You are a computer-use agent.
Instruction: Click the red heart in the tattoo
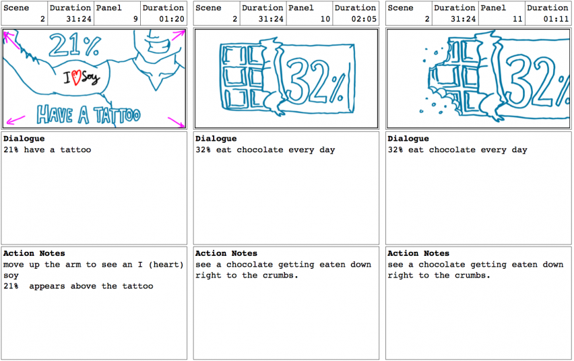76,77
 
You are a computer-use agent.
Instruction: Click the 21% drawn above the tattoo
75,45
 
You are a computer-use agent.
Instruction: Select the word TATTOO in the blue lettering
117,115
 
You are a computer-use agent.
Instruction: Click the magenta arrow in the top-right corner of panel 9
179,35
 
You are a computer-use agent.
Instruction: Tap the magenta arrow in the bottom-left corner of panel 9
15,120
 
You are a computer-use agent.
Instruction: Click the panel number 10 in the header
325,19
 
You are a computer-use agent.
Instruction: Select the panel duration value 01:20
171,19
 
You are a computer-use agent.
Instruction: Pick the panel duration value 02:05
364,19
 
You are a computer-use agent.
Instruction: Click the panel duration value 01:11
556,19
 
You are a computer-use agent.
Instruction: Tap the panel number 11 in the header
517,19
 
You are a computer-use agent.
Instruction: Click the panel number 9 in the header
135,19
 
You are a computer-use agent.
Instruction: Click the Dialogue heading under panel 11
408,139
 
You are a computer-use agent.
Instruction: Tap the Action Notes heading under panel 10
226,253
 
